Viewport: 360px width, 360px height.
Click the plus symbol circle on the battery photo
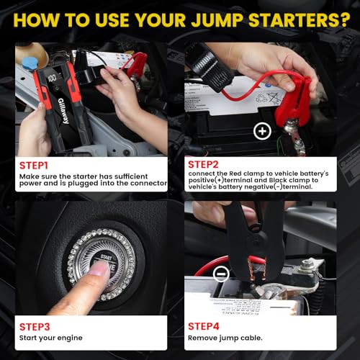[x=262, y=131]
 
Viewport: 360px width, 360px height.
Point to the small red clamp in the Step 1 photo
[x=134, y=63]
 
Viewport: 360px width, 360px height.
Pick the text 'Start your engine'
[x=51, y=338]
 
